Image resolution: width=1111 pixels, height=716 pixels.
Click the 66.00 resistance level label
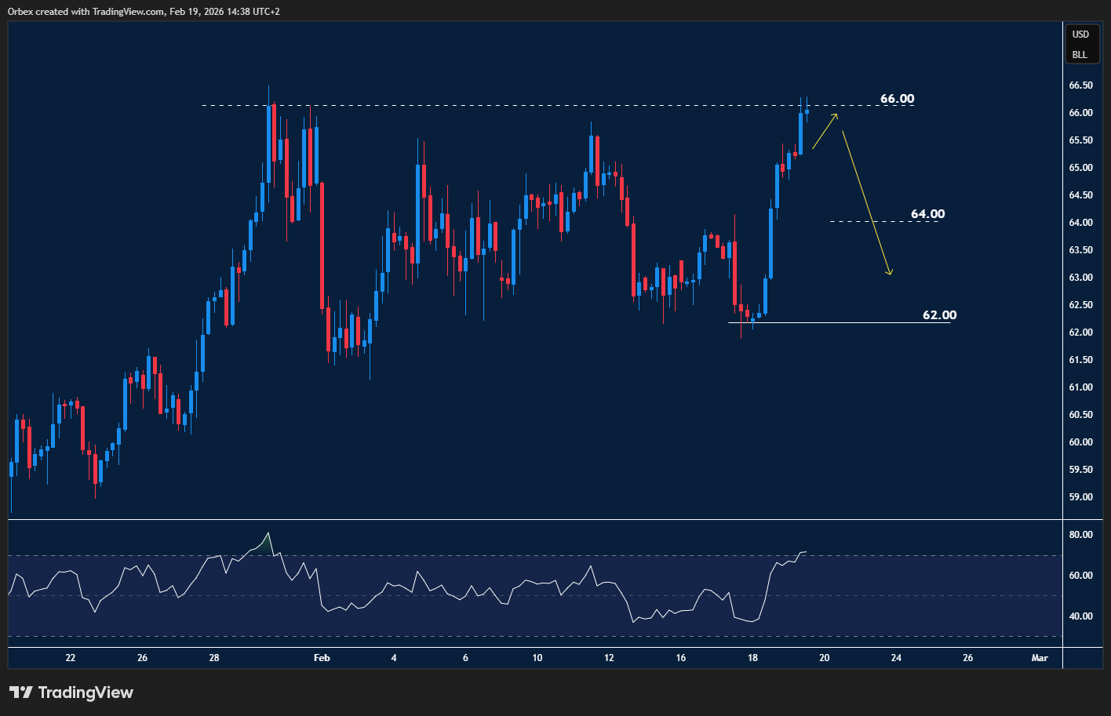click(897, 99)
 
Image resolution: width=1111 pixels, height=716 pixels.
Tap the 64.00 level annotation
click(927, 214)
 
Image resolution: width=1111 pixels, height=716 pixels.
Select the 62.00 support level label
click(939, 315)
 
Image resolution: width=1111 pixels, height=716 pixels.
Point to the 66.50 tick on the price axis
click(1080, 85)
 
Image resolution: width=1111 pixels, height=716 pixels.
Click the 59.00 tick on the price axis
click(1080, 497)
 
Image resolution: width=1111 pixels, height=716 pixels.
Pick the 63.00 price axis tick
click(1080, 278)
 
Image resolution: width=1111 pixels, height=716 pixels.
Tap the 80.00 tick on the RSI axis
click(1080, 535)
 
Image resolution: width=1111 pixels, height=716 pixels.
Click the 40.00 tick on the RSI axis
click(1080, 616)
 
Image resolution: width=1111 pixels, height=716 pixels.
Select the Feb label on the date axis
click(322, 658)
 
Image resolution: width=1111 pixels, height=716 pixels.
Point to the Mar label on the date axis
click(1040, 658)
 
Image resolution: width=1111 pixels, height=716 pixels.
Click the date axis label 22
click(71, 658)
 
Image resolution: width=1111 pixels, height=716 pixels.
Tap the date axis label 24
click(896, 658)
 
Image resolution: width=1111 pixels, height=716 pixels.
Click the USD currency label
click(1080, 35)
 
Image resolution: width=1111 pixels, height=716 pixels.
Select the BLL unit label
click(1080, 55)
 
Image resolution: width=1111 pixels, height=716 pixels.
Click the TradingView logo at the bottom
click(71, 692)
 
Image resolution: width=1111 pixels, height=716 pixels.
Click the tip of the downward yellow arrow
click(891, 274)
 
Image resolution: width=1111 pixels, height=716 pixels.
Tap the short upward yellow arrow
click(825, 131)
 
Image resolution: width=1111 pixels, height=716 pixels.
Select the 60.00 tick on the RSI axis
click(1080, 576)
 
